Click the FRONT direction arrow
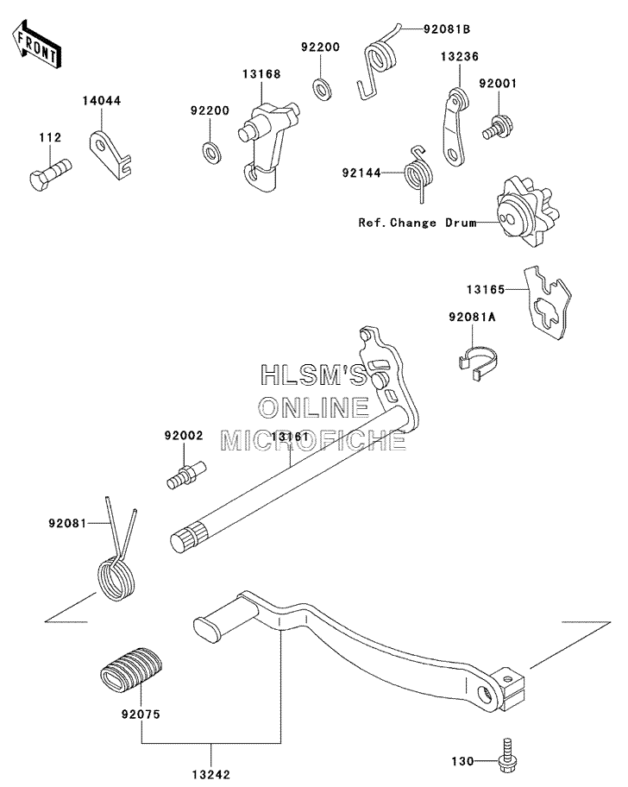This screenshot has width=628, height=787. point(36,44)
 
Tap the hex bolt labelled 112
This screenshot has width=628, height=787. point(50,173)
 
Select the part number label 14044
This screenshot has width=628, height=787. point(102,101)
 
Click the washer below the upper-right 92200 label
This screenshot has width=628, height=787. point(321,88)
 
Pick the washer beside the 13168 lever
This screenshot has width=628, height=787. point(210,153)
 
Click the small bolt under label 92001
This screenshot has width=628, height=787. point(494,128)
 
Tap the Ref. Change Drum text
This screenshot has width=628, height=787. point(418,223)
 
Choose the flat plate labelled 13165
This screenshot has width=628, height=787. point(548,303)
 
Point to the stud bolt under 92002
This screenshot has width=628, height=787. point(186,475)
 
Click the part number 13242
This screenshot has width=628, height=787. point(210,775)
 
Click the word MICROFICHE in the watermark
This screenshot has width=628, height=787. point(313,440)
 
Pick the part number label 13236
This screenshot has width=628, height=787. point(460,57)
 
